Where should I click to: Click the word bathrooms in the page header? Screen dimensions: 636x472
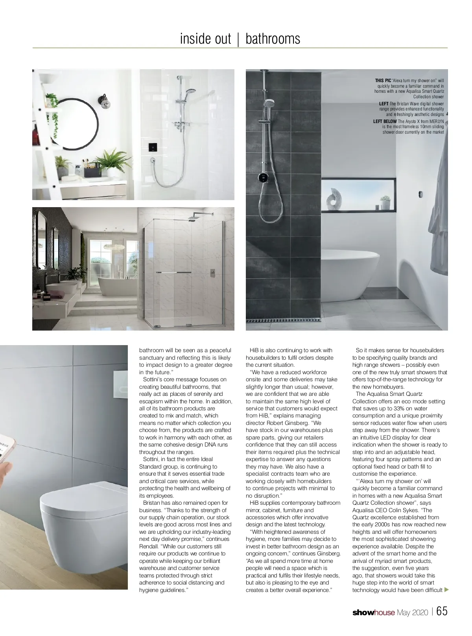tap(273, 39)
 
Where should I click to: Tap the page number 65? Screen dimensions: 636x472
tap(442, 612)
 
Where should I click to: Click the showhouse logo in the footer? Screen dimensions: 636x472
tap(373, 612)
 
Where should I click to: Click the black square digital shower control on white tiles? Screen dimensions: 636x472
tap(153, 148)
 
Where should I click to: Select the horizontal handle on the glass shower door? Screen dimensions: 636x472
tap(173, 272)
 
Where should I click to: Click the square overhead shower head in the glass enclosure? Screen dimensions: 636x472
tap(193, 218)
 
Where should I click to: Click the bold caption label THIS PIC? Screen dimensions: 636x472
tap(383, 81)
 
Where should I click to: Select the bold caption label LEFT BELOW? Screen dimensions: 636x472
tap(385, 121)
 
